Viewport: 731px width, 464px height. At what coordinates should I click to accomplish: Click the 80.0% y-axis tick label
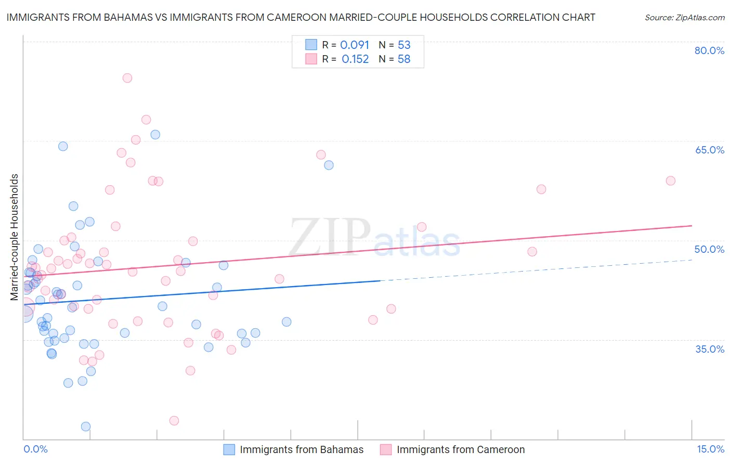[x=709, y=50]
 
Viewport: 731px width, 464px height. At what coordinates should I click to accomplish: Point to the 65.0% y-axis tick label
[x=709, y=150]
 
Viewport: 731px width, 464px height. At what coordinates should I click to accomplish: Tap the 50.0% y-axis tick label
[x=709, y=249]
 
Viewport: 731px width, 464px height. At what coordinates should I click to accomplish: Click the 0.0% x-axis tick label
[x=35, y=449]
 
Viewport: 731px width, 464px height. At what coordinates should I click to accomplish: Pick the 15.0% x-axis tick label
[x=710, y=449]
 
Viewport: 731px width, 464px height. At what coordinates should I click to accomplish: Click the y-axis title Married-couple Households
[x=15, y=237]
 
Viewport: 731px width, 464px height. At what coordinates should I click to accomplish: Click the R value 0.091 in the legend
[x=355, y=45]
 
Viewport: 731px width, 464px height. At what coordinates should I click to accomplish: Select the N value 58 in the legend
[x=404, y=59]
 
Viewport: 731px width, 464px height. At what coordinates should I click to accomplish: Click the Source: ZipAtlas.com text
[x=684, y=18]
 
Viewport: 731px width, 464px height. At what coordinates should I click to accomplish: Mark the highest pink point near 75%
[x=127, y=78]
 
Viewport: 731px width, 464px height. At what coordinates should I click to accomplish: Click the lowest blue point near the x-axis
[x=86, y=427]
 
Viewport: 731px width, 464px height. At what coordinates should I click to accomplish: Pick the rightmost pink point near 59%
[x=671, y=181]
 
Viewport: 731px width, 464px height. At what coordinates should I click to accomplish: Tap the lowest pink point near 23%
[x=174, y=420]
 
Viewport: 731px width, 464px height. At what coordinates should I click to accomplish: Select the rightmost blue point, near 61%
[x=329, y=165]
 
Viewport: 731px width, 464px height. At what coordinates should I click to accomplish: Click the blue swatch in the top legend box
[x=311, y=45]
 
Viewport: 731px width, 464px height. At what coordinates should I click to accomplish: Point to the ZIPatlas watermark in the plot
[x=374, y=238]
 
